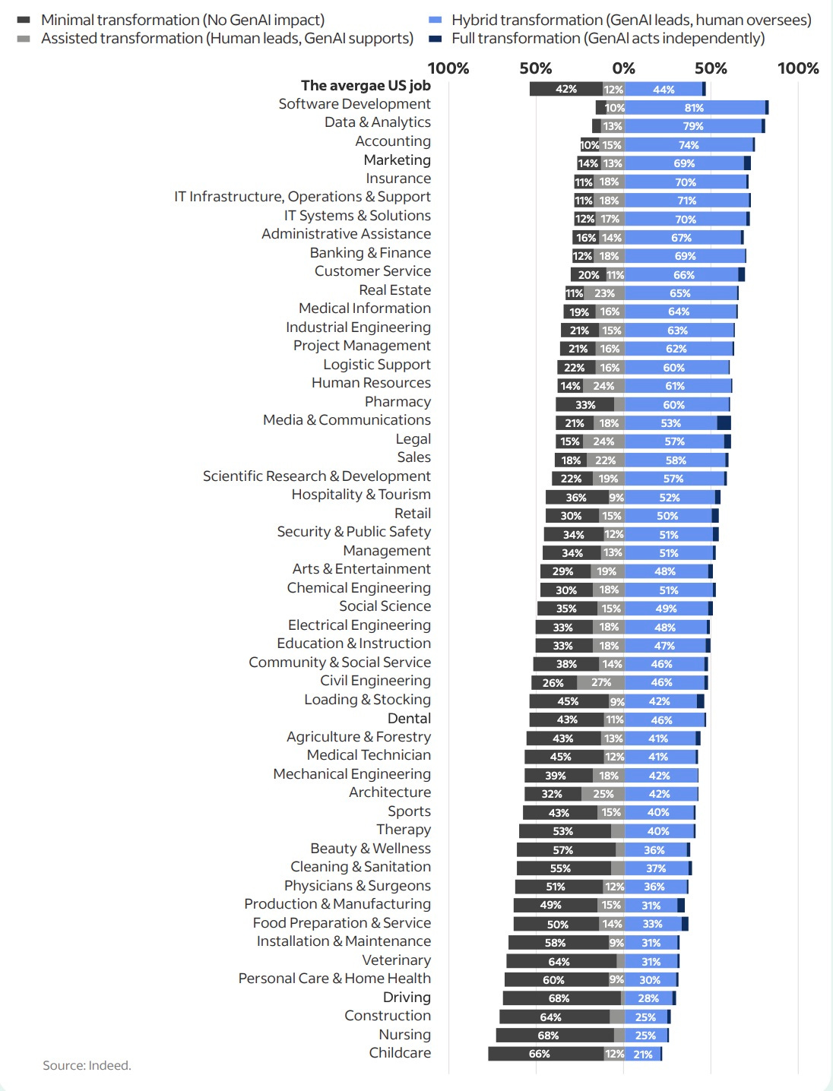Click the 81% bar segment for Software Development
click(694, 108)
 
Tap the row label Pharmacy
click(397, 402)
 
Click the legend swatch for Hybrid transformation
click(436, 21)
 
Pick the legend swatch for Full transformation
click(436, 39)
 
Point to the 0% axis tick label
click(623, 68)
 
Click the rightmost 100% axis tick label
click(798, 68)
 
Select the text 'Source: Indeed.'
click(87, 1066)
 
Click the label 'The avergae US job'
click(366, 86)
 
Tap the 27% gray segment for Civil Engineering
click(600, 682)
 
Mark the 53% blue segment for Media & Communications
click(670, 423)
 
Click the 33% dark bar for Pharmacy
click(584, 405)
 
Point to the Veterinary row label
click(396, 960)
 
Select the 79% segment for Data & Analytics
click(692, 126)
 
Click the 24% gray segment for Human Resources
click(603, 386)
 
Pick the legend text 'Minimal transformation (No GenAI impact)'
click(182, 21)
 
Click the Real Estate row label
click(394, 290)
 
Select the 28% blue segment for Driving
click(648, 998)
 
